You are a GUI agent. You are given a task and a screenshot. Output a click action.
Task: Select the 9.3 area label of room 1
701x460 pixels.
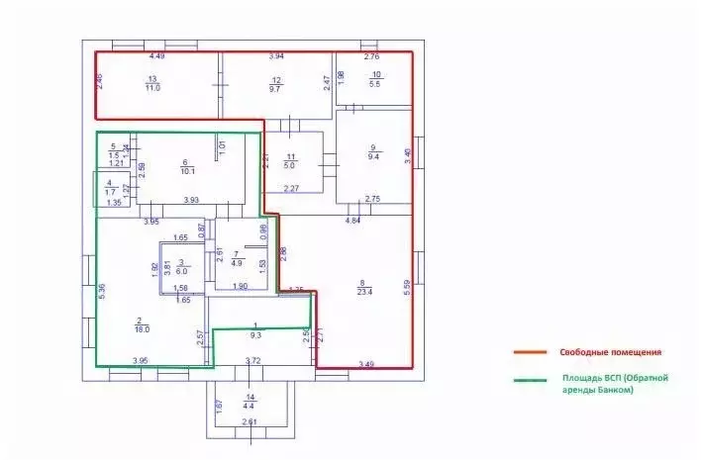pyautogui.click(x=256, y=335)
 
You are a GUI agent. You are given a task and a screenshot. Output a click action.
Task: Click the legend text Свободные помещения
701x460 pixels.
pyautogui.click(x=611, y=353)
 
